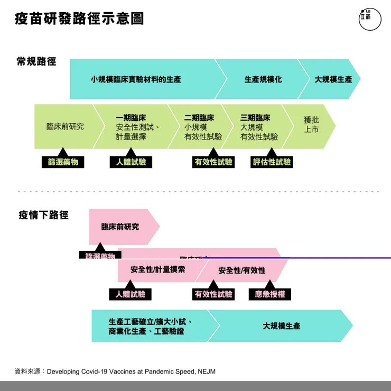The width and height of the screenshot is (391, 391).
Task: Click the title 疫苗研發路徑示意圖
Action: click(79, 19)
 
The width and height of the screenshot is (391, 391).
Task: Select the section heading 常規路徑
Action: click(36, 61)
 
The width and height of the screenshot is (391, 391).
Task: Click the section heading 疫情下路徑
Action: click(43, 215)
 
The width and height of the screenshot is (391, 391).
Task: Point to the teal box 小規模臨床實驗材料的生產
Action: click(136, 79)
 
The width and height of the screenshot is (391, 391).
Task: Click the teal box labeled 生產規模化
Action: click(263, 79)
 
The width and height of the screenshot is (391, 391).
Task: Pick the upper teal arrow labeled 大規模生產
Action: click(333, 79)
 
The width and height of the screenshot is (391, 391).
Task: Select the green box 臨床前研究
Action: click(65, 127)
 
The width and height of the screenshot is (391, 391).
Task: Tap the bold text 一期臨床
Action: click(131, 118)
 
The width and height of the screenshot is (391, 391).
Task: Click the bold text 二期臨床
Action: click(199, 118)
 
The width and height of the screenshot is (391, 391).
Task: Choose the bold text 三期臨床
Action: click(255, 118)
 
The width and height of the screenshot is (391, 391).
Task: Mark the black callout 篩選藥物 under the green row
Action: click(63, 162)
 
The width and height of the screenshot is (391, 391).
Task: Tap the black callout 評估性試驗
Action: click(272, 162)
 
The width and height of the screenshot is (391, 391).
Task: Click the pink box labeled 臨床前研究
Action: click(120, 227)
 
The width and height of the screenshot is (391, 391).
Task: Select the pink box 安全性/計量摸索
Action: click(157, 270)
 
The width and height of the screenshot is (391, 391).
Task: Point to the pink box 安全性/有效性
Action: click(242, 271)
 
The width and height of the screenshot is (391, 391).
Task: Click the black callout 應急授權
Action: click(270, 294)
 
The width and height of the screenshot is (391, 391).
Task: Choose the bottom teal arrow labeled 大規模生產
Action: click(282, 326)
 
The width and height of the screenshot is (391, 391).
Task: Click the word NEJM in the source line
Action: click(206, 371)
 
